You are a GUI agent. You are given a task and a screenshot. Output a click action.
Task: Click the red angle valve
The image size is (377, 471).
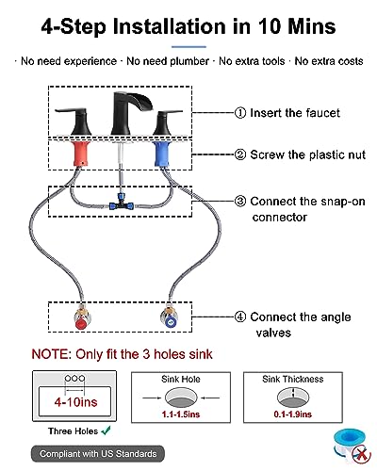point(81,317)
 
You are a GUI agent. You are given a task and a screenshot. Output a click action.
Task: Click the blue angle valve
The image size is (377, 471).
point(169,317)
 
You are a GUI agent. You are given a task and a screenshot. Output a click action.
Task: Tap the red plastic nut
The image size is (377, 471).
point(82,154)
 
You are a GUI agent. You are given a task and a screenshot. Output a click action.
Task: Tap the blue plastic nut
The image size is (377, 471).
point(162,154)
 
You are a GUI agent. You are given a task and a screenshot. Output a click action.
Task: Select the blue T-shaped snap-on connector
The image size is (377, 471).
point(121,203)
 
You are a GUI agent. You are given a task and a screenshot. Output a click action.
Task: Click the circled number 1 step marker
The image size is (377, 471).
point(240,113)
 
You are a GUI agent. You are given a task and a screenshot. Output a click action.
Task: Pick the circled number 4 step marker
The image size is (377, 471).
point(240,317)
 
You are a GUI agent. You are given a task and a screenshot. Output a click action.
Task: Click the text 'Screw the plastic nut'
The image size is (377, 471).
point(308,154)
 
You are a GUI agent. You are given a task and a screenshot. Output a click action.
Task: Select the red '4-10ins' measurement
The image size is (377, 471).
point(75,402)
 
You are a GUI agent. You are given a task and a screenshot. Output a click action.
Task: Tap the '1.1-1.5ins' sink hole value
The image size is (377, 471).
point(181,414)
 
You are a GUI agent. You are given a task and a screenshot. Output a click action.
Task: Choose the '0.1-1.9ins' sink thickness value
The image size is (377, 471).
point(293,414)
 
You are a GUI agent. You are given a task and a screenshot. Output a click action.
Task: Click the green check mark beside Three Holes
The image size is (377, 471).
point(107,430)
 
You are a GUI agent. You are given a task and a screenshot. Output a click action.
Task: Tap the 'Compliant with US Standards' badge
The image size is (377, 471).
point(98,454)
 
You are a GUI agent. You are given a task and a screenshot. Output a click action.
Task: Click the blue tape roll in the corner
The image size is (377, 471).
point(350,446)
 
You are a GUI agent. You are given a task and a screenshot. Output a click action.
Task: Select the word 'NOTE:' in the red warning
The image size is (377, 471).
point(52,354)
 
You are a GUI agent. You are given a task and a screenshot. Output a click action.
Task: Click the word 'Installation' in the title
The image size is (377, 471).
point(170,26)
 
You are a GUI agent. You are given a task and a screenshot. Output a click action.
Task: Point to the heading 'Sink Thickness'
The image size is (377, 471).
point(293,379)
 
